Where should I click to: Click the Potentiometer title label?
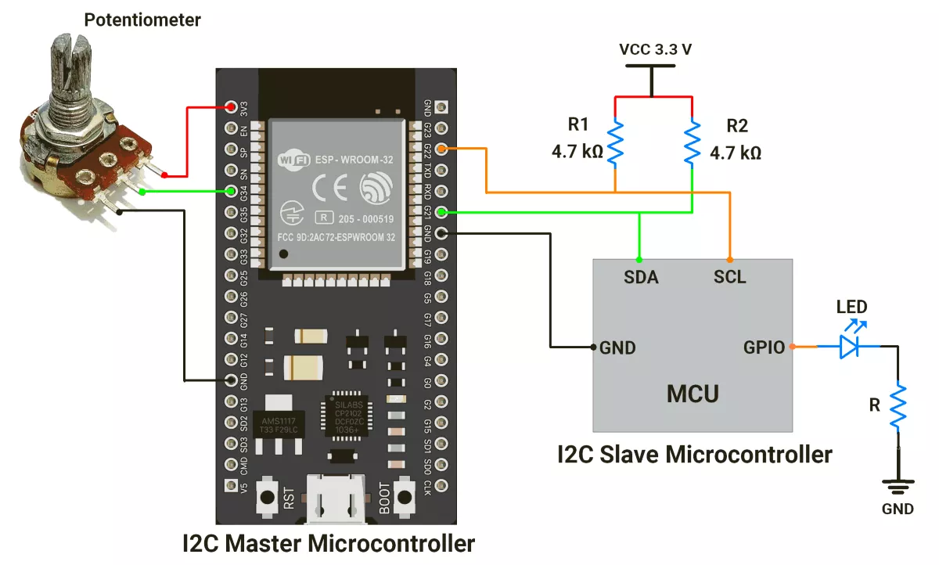142,20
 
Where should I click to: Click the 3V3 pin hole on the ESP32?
231,106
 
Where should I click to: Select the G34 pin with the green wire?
231,191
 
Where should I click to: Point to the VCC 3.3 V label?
655,49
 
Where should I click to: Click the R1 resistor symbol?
616,142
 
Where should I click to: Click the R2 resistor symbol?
693,142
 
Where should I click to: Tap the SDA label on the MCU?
641,277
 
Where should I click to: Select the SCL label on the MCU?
729,277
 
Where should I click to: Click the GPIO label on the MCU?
763,347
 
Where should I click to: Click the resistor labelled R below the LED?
898,405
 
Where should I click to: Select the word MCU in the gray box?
692,393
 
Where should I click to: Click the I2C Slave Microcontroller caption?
693,454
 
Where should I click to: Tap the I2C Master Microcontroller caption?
329,543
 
